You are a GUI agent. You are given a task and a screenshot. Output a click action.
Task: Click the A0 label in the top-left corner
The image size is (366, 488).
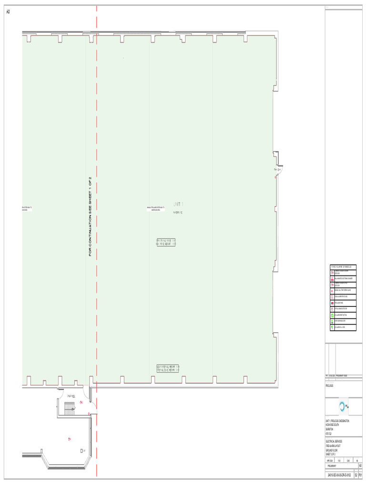point(8,11)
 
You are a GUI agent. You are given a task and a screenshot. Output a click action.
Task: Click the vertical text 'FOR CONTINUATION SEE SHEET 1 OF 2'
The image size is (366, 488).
point(90,216)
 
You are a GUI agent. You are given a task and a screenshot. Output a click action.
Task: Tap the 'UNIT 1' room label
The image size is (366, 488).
point(178,204)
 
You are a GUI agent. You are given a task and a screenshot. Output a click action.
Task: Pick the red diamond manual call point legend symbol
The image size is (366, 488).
point(332,290)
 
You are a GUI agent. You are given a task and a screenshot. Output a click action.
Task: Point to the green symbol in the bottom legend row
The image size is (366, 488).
point(332,327)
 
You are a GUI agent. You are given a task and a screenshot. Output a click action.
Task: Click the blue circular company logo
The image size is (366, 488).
point(342,406)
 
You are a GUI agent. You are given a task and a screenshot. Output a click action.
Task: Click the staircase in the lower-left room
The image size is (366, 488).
point(70,407)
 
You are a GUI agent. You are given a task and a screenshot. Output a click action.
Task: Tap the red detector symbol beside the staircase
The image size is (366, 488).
point(81,403)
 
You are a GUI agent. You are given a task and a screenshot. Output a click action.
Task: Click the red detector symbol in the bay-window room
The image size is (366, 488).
point(69,439)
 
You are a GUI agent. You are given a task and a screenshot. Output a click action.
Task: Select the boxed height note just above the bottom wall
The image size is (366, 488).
point(168,368)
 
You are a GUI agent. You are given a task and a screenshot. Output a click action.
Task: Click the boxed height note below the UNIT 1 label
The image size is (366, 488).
point(166,242)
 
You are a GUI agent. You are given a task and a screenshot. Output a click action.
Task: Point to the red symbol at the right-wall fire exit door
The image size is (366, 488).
point(275,177)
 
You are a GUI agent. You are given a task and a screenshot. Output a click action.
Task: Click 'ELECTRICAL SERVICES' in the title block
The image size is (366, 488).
point(334,441)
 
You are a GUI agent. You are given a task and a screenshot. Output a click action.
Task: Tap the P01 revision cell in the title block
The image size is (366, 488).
point(360,475)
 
